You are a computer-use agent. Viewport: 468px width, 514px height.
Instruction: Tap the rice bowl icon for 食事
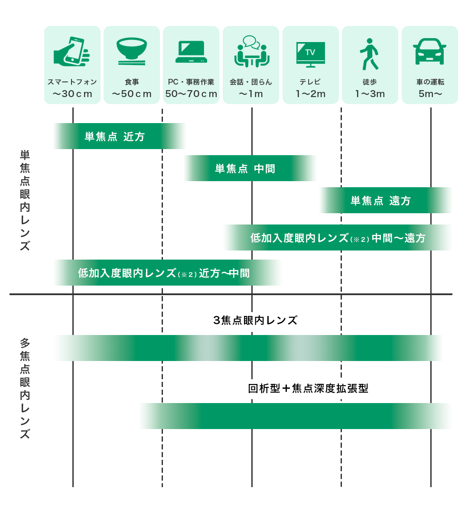click(x=132, y=51)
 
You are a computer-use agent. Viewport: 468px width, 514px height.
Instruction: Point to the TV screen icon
click(x=310, y=54)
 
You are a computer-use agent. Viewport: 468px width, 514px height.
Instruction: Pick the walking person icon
click(x=369, y=54)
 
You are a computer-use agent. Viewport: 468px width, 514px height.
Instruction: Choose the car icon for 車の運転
click(x=429, y=52)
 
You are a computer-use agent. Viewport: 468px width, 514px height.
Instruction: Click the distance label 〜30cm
click(x=72, y=94)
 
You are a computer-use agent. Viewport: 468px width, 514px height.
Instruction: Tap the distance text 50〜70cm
click(x=191, y=94)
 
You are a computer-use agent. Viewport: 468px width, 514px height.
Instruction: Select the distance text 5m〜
click(x=430, y=94)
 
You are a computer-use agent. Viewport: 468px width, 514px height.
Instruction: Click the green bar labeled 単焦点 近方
click(x=115, y=137)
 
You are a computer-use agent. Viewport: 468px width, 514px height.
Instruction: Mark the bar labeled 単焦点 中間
click(x=245, y=169)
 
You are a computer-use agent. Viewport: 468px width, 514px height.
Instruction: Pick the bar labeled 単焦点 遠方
click(x=380, y=201)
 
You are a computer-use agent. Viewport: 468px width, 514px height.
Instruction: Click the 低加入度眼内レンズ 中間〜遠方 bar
click(x=338, y=238)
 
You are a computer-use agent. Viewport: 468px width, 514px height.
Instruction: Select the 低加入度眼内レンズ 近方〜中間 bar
click(x=164, y=273)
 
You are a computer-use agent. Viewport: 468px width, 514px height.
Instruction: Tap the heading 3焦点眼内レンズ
click(x=255, y=320)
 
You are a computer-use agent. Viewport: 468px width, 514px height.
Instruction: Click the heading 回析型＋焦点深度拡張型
click(x=308, y=388)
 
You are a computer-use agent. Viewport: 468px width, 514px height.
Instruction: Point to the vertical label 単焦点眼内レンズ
click(x=25, y=200)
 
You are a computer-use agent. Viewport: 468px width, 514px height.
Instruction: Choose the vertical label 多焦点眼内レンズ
click(x=25, y=388)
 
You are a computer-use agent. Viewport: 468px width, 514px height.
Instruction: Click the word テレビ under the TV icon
click(x=310, y=82)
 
